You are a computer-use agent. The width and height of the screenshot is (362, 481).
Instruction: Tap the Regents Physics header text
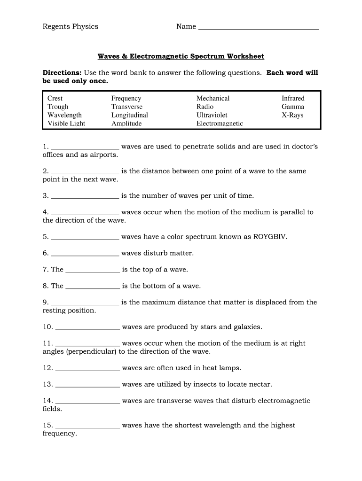[x=71, y=26]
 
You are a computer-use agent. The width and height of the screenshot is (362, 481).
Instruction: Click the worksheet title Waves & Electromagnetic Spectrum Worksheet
[x=181, y=56]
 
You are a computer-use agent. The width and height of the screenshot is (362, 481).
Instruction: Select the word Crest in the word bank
[x=55, y=98]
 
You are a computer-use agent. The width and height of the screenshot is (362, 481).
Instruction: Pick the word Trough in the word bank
[x=58, y=107]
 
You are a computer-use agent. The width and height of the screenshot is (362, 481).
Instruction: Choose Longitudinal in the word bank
[x=129, y=115]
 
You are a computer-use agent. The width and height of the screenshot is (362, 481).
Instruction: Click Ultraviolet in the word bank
[x=212, y=115]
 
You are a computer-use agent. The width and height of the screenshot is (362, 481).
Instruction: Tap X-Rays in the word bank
[x=292, y=115]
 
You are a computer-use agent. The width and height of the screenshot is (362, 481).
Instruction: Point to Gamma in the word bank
[x=293, y=107]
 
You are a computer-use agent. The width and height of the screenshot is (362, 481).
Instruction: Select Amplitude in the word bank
[x=126, y=124]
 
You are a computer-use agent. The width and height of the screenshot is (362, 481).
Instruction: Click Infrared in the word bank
[x=293, y=98]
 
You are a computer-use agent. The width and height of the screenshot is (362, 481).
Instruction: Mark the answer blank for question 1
[x=85, y=147]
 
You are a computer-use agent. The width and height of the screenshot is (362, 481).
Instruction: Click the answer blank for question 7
[x=93, y=271]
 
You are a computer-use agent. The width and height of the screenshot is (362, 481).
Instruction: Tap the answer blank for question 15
[x=87, y=427]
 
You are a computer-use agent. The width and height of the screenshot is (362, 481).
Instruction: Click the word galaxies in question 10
[x=245, y=327]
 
